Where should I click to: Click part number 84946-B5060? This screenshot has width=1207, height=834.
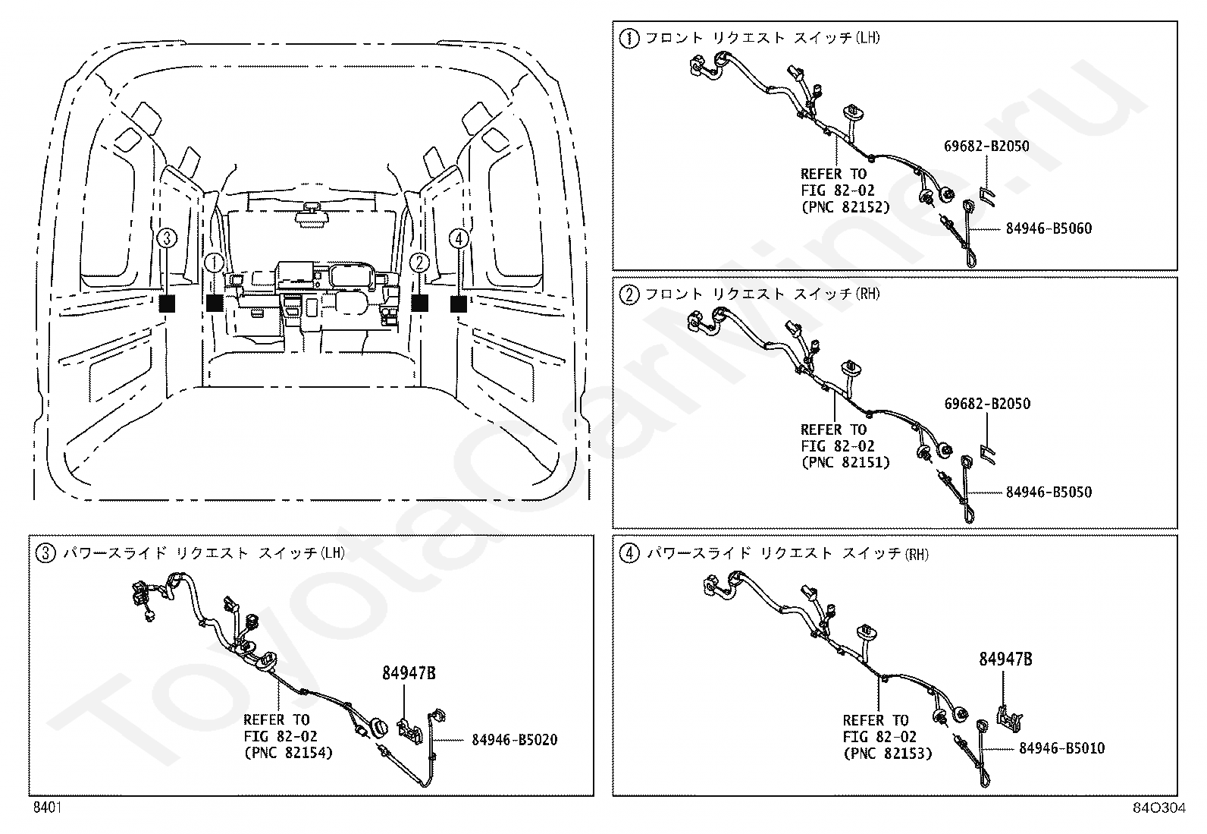(x=1049, y=228)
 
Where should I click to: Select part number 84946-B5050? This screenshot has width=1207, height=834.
(x=1049, y=492)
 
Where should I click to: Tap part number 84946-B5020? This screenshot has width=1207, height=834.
(x=515, y=740)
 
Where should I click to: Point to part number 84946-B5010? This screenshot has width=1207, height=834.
(x=1061, y=748)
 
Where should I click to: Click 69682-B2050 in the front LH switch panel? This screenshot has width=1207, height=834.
(x=986, y=146)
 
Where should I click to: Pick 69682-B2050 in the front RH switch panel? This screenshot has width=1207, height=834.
(x=987, y=404)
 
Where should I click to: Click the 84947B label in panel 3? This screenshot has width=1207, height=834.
(x=409, y=672)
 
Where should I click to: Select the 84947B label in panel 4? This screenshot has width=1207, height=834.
(x=1005, y=659)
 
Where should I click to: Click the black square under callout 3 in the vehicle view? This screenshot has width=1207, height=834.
(x=167, y=304)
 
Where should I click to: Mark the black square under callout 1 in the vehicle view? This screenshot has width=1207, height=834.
(x=215, y=304)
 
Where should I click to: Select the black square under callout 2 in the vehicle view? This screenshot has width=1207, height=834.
(x=420, y=304)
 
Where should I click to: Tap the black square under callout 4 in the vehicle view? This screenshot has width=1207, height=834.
(x=459, y=304)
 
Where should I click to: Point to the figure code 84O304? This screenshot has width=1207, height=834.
(x=1158, y=807)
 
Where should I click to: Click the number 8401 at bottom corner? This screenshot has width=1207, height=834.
(x=48, y=807)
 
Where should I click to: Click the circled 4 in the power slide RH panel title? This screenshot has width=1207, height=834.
(x=629, y=553)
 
